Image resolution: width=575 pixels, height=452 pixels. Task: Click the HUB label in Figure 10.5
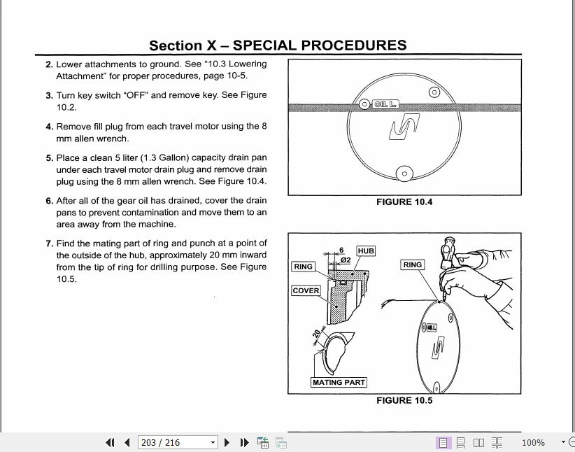pos(366,250)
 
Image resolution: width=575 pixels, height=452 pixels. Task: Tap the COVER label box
pos(306,290)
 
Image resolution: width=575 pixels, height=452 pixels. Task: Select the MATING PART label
pos(339,383)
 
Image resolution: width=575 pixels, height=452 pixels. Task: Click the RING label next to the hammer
pos(413,264)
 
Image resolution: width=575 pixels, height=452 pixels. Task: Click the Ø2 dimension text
pos(345,260)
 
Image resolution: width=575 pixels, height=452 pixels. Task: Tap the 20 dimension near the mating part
pos(316,334)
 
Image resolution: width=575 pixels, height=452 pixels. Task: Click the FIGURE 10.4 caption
pos(404,202)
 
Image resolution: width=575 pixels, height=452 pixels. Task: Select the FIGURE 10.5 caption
pos(404,400)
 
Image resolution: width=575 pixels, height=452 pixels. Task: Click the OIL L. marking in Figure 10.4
pos(385,104)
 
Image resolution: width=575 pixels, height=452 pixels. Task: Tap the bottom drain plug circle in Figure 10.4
pos(404,174)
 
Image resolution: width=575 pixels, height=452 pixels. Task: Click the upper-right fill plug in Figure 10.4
pos(434,92)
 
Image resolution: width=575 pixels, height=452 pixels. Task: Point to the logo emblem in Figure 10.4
pos(404,127)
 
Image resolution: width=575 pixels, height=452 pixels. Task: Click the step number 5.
pos(49,158)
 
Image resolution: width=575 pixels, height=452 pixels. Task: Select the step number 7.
pos(49,243)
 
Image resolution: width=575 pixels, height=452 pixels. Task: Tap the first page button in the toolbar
pos(110,442)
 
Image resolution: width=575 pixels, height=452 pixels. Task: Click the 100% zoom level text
pos(533,443)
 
